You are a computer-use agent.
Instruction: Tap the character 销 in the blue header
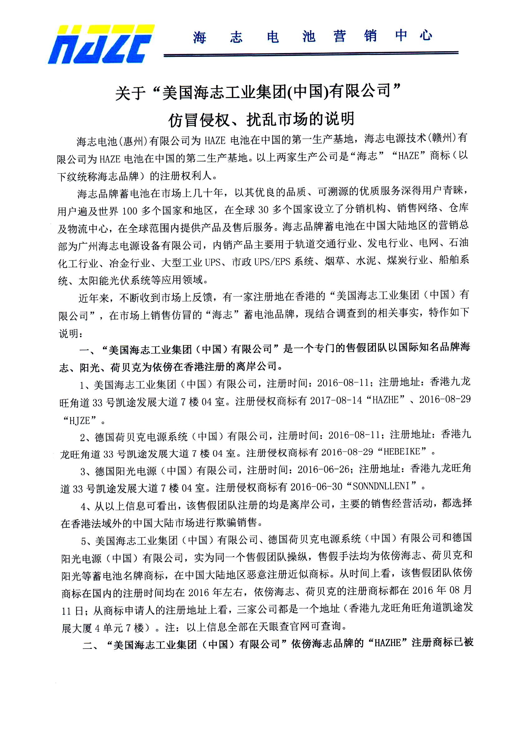tap(370, 36)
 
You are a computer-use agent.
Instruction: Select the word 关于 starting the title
tap(130, 93)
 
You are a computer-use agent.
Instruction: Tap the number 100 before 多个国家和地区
tap(129, 211)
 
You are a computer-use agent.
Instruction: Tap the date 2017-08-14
tap(336, 400)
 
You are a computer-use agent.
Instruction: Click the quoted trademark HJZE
tap(80, 421)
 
